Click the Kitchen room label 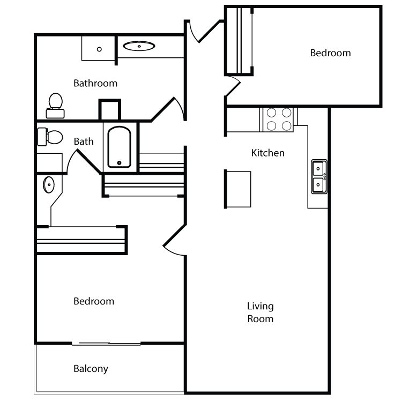[267, 153]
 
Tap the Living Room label [260, 312]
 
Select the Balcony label [91, 369]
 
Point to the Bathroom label [95, 83]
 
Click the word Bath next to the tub [84, 142]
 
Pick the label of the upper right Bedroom [330, 53]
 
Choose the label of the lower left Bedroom [94, 301]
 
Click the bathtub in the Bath [119, 147]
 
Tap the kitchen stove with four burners [279, 120]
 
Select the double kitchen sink [319, 176]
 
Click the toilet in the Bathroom [55, 106]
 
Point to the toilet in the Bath [50, 137]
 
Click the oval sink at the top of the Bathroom [139, 46]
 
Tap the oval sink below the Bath [49, 184]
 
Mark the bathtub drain [119, 163]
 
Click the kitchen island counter [239, 189]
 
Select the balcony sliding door [106, 344]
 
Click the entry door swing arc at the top [193, 33]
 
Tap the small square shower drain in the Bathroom [99, 49]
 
